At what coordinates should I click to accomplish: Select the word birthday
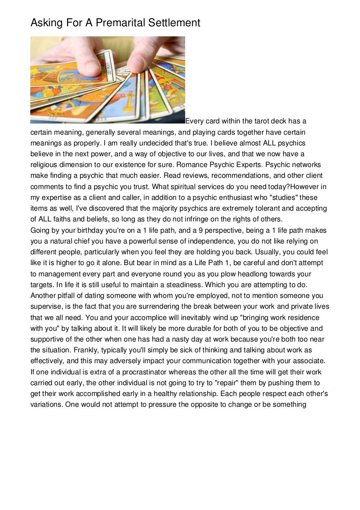click(86, 230)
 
